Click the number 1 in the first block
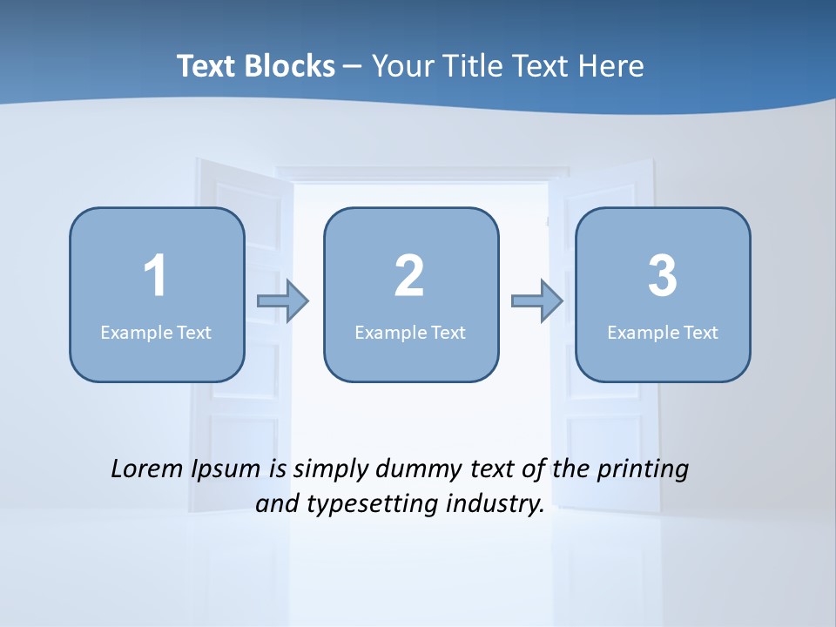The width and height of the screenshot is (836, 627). click(155, 276)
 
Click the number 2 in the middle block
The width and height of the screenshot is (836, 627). click(409, 276)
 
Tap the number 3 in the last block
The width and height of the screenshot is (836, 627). click(662, 276)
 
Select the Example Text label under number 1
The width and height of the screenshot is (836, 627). click(156, 333)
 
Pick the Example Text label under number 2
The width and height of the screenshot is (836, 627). click(410, 333)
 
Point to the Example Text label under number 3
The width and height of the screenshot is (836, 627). click(663, 333)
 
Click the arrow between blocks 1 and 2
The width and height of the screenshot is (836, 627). click(283, 301)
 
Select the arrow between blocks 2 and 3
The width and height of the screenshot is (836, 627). click(536, 301)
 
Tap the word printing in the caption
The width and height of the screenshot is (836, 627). click(643, 470)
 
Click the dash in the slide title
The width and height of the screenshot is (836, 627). click(353, 67)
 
